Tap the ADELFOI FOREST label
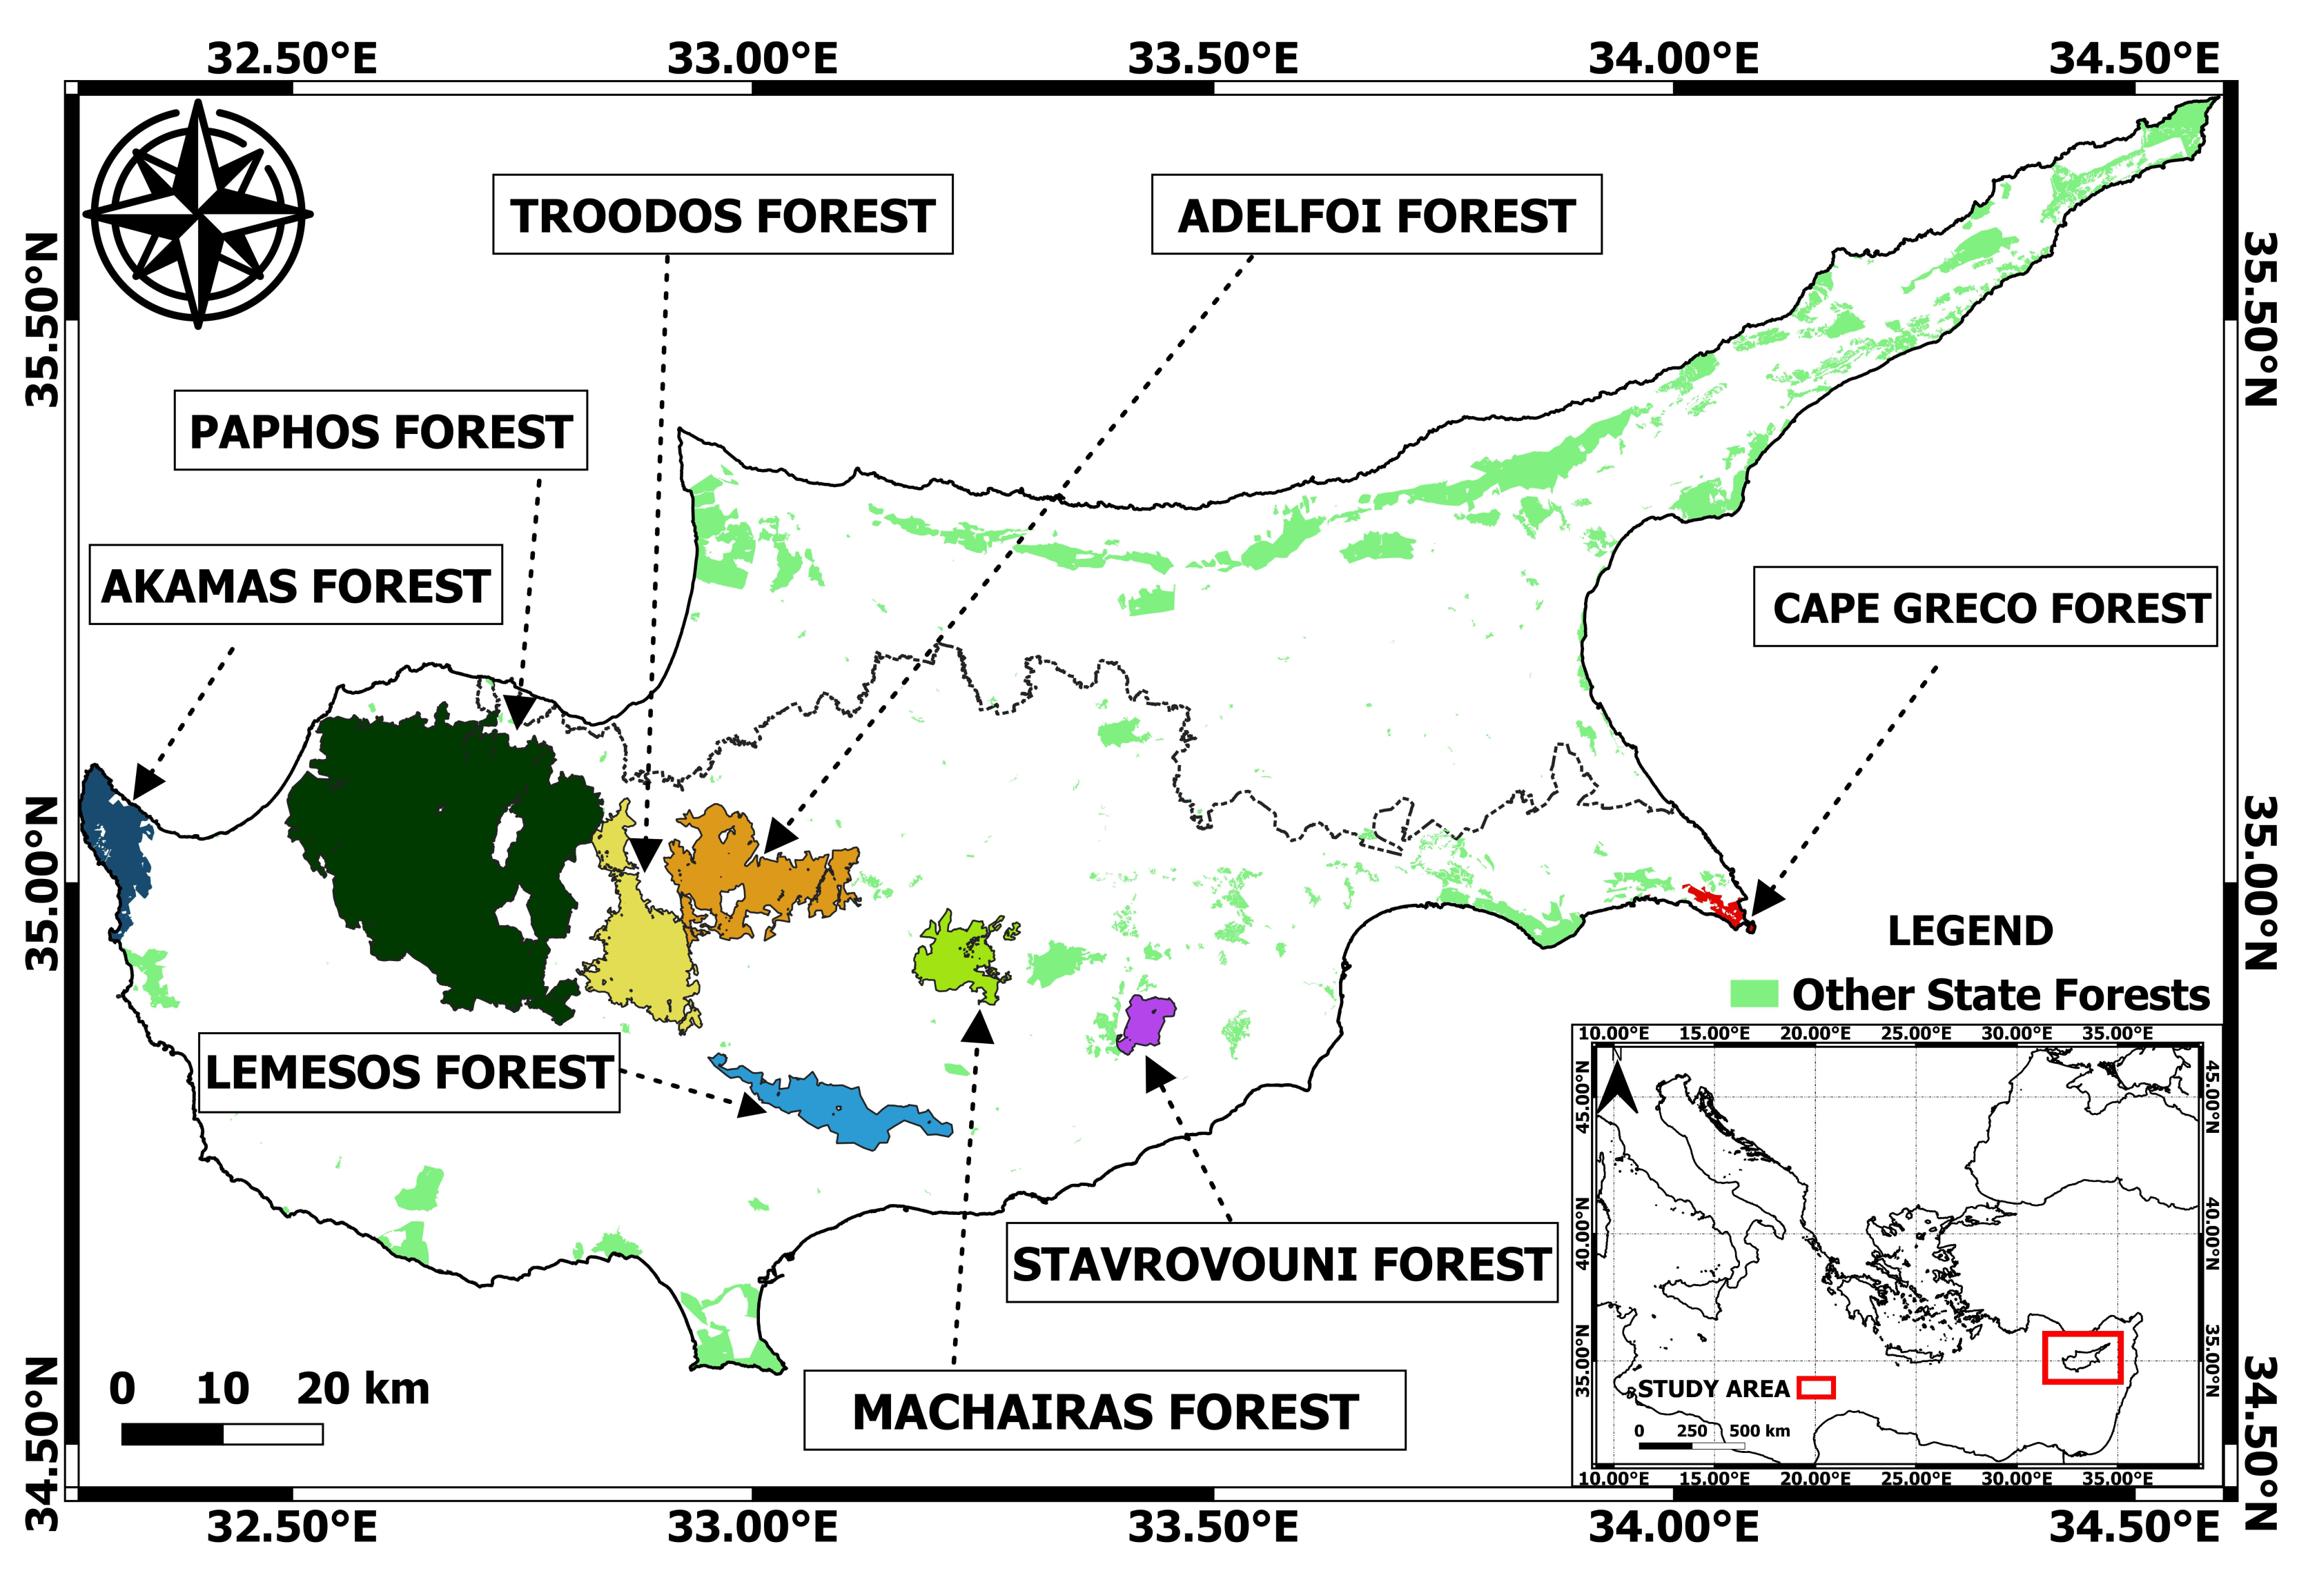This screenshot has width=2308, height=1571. click(1376, 215)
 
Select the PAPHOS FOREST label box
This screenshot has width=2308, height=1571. click(380, 431)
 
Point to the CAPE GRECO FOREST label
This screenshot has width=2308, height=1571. click(1984, 608)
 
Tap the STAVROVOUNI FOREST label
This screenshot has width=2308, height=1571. click(1281, 1264)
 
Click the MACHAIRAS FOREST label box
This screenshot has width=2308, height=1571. click(1104, 1411)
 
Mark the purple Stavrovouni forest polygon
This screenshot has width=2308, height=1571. click(1147, 1022)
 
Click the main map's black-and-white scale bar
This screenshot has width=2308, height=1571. click(222, 1434)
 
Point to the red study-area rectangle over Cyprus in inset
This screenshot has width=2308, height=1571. click(2082, 1358)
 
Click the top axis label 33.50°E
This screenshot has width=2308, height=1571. click(1213, 59)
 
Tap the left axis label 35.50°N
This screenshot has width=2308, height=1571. click(41, 319)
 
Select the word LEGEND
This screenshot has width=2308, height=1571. click(1969, 931)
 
